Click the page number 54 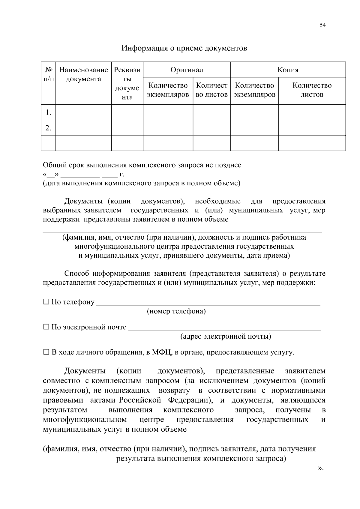coord(322,25)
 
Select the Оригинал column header coord(187,70)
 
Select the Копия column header coord(288,70)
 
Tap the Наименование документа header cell coord(83,75)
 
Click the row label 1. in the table coord(48,112)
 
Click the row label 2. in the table coord(48,128)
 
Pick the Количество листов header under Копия coord(312,90)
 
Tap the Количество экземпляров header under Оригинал coord(168,90)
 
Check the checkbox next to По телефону coord(46,302)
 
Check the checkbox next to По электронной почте coord(46,327)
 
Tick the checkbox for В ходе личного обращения coord(46,352)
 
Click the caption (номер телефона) coord(176,311)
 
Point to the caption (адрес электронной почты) coord(226,336)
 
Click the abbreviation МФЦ coord(161,352)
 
